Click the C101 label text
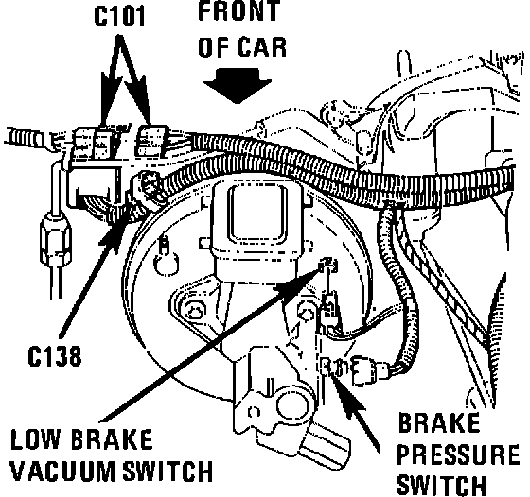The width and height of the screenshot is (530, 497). coord(119,15)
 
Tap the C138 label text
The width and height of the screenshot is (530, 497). coord(55,356)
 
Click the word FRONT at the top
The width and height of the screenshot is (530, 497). coord(239,9)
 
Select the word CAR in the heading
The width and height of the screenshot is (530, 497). coord(262,46)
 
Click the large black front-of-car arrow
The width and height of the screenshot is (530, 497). coord(238,86)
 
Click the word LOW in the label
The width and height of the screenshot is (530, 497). coord(36,439)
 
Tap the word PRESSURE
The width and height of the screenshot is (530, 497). coord(458,454)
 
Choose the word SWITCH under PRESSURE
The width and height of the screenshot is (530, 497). coord(442,486)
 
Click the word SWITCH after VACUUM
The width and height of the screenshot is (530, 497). coord(168,471)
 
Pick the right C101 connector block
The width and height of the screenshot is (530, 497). coord(151,141)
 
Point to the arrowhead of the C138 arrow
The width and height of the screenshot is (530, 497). coord(115,232)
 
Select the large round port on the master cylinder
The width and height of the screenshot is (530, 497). coord(293,405)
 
